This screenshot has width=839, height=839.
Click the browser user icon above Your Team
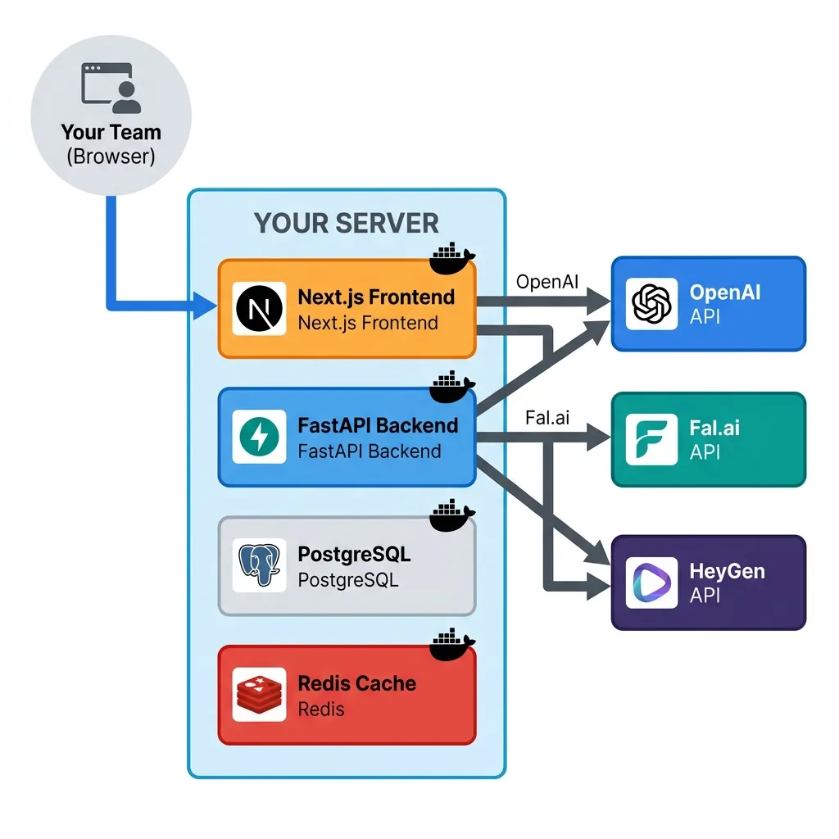pos(111,87)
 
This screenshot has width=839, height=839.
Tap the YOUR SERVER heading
pos(346,223)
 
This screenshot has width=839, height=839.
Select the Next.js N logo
pos(259,308)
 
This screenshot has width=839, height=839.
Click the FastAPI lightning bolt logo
pos(259,437)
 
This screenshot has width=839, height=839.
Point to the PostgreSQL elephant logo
pos(259,565)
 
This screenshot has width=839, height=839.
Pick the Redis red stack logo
pos(259,694)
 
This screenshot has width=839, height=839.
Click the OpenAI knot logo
pos(651,304)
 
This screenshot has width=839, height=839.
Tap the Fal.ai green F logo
pos(651,440)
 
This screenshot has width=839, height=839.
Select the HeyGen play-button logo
pos(651,582)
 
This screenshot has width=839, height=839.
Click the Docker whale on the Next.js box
pos(452,260)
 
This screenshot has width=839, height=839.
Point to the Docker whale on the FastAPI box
pos(452,388)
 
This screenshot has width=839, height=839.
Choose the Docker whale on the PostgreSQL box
pos(452,516)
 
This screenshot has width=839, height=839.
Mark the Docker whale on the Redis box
pos(452,645)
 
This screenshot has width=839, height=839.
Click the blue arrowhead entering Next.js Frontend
pos(206,308)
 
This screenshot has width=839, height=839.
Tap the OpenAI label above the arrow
pos(547,282)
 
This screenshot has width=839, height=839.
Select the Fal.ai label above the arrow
pos(546,418)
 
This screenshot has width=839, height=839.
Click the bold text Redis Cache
pos(356,683)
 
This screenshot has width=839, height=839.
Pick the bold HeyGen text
pos(727,571)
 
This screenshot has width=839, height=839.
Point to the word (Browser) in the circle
pos(111,156)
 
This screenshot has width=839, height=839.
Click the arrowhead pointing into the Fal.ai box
pos(600,439)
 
